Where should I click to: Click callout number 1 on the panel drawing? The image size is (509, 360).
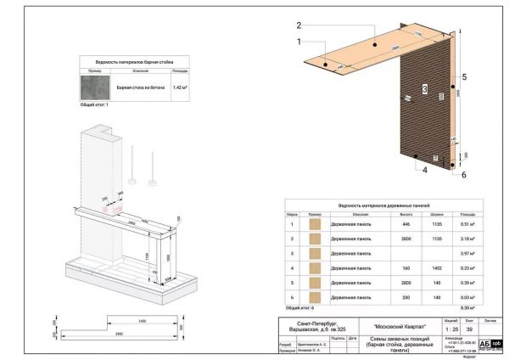pyautogui.click(x=299, y=41)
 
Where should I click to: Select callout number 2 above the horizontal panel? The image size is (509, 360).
pyautogui.click(x=299, y=25)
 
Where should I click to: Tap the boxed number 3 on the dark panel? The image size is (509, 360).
pyautogui.click(x=422, y=88)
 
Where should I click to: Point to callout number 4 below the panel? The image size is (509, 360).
pyautogui.click(x=401, y=169)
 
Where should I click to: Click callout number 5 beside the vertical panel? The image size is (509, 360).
pyautogui.click(x=464, y=77)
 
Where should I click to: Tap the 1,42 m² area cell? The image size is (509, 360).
pyautogui.click(x=180, y=87)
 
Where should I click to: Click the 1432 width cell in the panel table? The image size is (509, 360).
pyautogui.click(x=437, y=267)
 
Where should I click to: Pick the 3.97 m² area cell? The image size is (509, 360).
pyautogui.click(x=467, y=253)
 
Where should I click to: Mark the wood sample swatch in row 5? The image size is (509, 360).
pyautogui.click(x=315, y=282)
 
